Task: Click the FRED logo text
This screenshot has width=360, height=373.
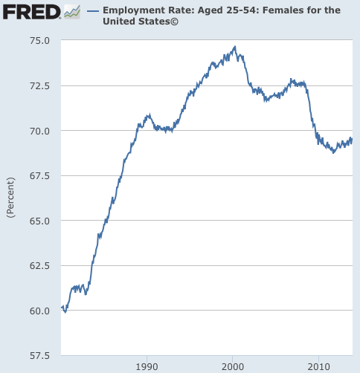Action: click(x=31, y=12)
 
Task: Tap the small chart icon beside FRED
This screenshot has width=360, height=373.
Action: click(x=72, y=12)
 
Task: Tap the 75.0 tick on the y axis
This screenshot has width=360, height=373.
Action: click(x=40, y=41)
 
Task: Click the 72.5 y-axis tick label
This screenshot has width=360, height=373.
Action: click(x=40, y=86)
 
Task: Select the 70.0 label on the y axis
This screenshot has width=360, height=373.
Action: click(x=40, y=131)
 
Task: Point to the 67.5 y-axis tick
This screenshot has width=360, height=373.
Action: click(x=40, y=175)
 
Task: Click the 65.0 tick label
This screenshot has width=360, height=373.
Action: click(x=40, y=221)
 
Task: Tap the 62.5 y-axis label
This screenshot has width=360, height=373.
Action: click(x=40, y=265)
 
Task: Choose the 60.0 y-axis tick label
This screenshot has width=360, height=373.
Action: click(x=40, y=310)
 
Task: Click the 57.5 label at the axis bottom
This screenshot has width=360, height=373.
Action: click(x=40, y=355)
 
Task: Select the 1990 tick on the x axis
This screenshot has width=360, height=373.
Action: click(x=147, y=366)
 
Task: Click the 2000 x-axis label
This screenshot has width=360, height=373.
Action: click(x=233, y=366)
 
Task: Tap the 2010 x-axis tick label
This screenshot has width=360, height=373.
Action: click(x=319, y=366)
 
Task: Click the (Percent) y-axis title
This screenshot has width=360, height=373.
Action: click(x=10, y=197)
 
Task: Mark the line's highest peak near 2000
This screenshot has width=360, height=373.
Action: click(x=234, y=48)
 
